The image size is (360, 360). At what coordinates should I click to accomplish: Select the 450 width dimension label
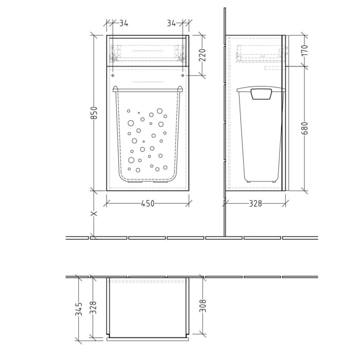coord(148,204)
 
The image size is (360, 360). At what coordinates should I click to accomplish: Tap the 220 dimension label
coord(202,54)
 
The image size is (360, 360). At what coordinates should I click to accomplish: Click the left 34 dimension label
coord(123,23)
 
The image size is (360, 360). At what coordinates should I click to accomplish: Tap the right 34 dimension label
coord(171,23)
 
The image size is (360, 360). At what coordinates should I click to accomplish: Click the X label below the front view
coord(94,214)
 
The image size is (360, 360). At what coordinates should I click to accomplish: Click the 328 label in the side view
coord(255,204)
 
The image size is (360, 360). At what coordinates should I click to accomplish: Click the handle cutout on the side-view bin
coord(262,94)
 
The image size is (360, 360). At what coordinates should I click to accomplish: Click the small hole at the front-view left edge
coord(113,76)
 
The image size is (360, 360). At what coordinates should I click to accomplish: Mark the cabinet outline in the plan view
coord(148,309)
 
